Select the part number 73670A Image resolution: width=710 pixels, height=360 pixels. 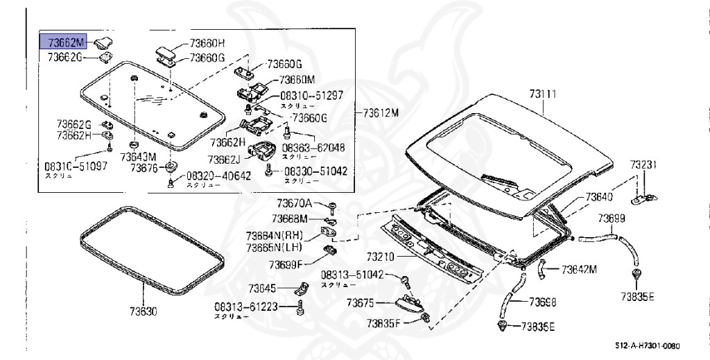click(x=295, y=203)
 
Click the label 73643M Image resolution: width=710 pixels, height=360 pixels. click(x=139, y=157)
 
